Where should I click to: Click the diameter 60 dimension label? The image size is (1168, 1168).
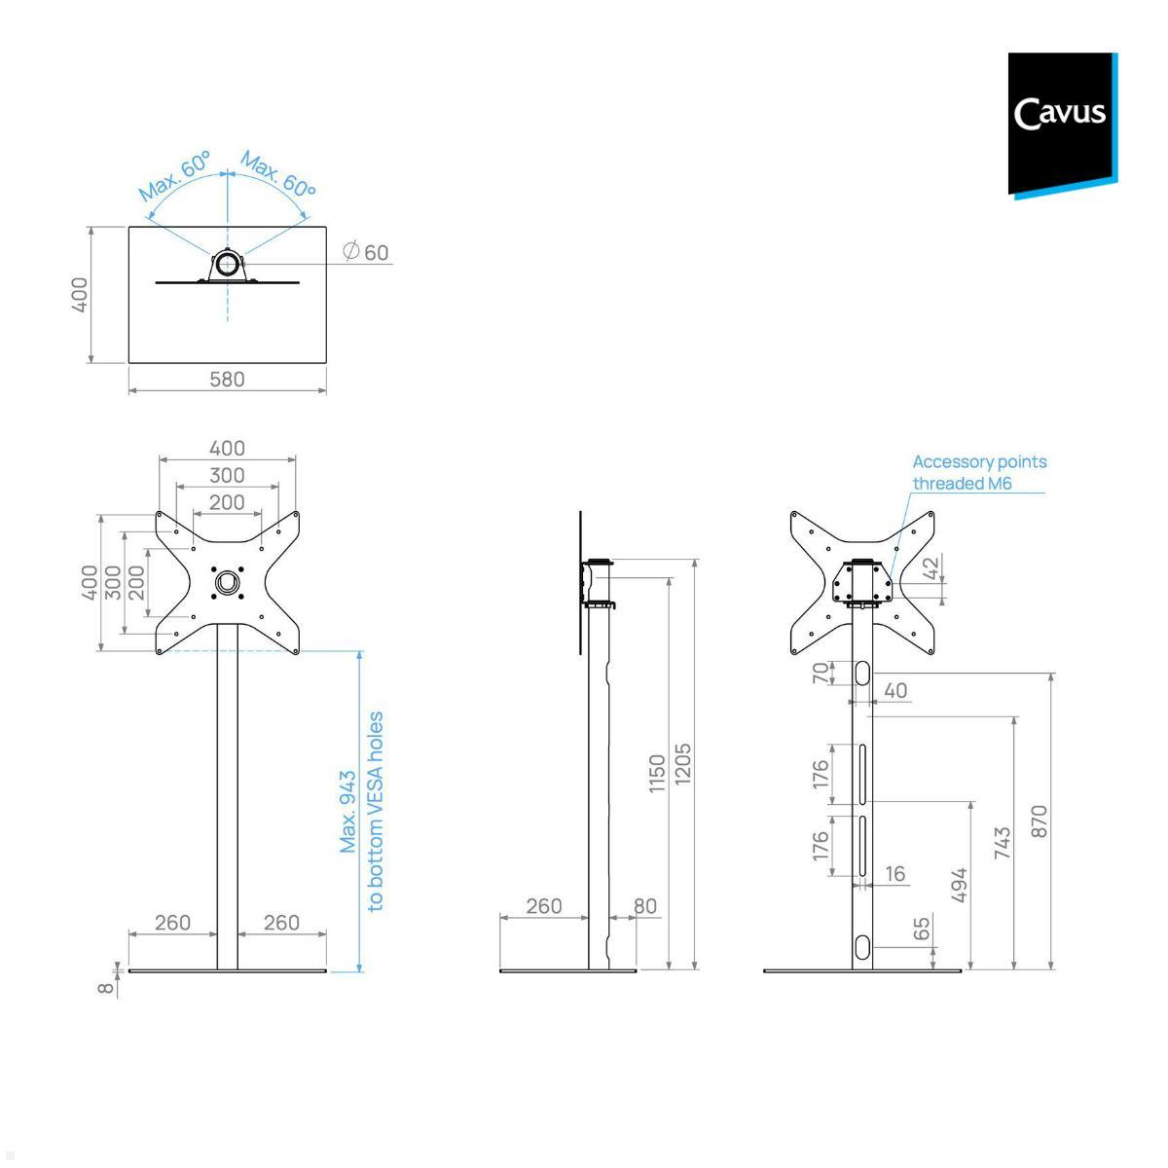pos(367,252)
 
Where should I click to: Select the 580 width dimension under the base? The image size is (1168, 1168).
pos(227,380)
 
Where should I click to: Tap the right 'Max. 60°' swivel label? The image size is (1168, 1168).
pos(278,174)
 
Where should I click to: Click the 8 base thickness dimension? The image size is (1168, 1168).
pos(105,987)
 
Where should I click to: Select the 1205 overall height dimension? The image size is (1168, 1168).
pos(682,765)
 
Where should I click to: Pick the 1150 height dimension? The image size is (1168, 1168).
pos(657,773)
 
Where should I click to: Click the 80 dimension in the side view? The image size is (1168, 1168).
pos(645,906)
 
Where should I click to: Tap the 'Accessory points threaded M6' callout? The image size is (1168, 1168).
pos(979,472)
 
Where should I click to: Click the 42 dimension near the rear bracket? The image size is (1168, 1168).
pos(931,568)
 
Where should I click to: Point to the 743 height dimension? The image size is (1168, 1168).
pos(1002,843)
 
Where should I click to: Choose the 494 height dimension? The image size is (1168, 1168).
pos(958,885)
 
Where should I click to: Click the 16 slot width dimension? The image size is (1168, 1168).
pos(895,874)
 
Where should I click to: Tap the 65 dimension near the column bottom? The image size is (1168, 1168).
pos(922,929)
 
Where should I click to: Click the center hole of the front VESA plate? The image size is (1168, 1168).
pos(228,582)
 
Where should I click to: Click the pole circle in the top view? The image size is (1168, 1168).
pos(228,264)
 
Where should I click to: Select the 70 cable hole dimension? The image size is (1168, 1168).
pos(821,673)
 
